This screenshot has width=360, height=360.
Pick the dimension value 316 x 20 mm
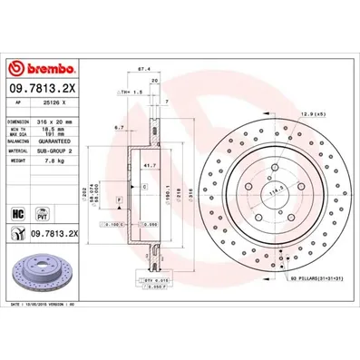tap(61, 121)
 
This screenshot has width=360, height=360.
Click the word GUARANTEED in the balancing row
tap(61, 143)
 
